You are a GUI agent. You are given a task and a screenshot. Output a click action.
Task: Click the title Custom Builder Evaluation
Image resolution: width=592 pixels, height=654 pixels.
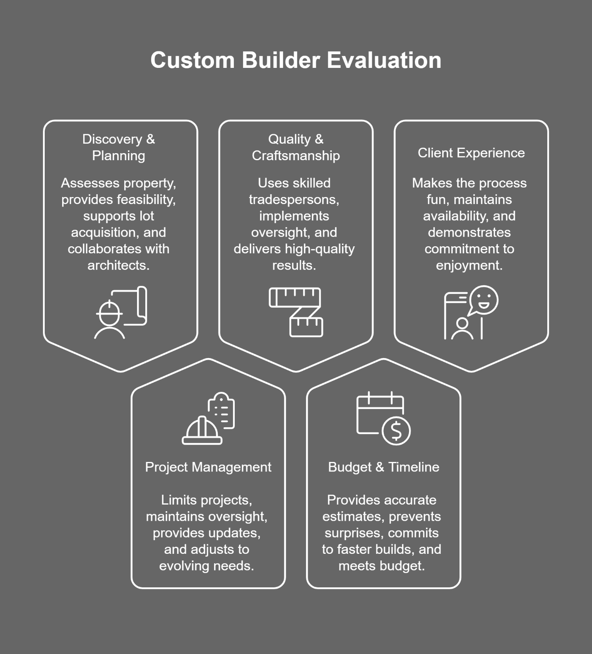click(x=296, y=60)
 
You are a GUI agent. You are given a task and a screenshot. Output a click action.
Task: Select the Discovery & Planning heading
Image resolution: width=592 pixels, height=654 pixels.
click(x=118, y=147)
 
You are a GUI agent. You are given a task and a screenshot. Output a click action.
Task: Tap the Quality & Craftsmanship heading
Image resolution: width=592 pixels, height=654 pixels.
click(x=296, y=147)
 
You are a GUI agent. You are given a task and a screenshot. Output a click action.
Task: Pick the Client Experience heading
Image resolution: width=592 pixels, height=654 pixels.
click(x=471, y=153)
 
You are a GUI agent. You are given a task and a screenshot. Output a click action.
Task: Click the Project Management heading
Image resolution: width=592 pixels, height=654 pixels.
click(x=208, y=467)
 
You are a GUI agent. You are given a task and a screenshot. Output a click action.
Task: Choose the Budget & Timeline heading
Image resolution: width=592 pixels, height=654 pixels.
click(x=383, y=467)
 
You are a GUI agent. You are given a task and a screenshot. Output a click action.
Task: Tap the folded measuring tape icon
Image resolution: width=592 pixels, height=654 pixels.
click(x=296, y=312)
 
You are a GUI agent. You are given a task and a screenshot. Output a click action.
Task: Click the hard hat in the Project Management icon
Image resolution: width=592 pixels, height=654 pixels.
click(x=202, y=431)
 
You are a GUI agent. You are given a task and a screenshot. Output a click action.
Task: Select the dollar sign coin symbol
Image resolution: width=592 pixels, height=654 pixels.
click(x=396, y=431)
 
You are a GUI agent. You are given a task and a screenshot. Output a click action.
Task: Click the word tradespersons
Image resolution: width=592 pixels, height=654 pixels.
click(x=294, y=200)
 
